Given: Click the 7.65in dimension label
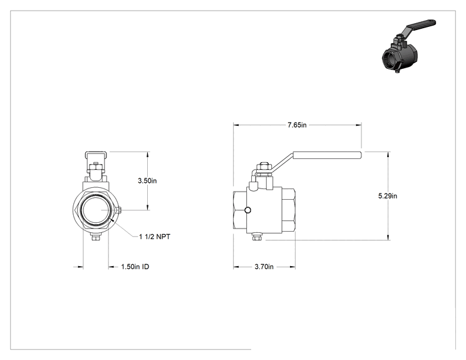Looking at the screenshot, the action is pos(297,125).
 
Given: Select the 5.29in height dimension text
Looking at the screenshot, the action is pos(388,196).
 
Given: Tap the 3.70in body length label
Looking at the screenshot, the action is pos(264,267).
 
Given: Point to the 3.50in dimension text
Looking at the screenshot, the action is pos(147,180).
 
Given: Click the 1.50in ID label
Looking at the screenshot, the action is pos(135,267).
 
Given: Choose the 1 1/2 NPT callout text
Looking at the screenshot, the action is pos(155,237).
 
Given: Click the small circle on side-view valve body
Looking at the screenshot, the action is pos(247,210).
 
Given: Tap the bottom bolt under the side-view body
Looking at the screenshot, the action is pos(256,237).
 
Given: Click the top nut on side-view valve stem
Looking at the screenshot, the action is pos(264,167).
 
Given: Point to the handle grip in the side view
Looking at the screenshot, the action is pos(327,155).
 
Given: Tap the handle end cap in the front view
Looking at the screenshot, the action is pos(95,157).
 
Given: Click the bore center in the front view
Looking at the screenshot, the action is pos(95,210).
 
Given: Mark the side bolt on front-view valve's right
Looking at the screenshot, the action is pos(118,210).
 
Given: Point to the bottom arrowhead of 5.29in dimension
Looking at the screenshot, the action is pos(388,237).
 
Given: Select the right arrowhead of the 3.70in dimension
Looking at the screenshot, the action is pos(293,267).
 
